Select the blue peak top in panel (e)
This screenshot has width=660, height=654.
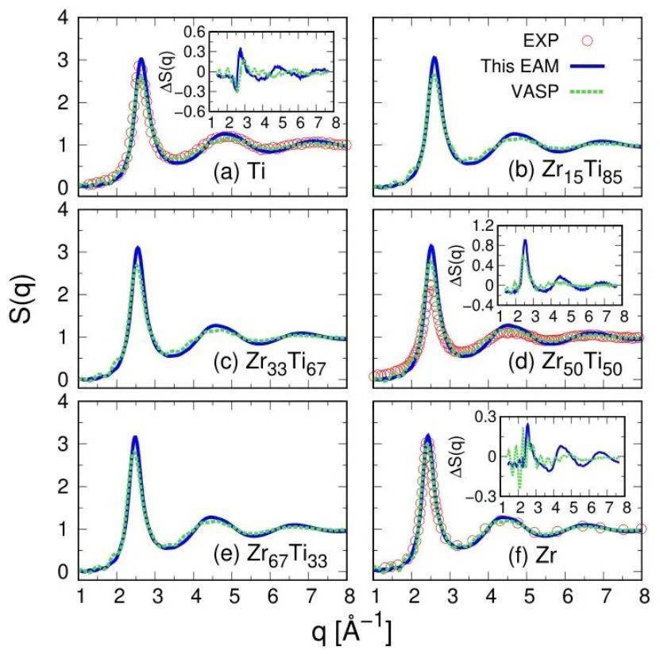[x=135, y=437]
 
